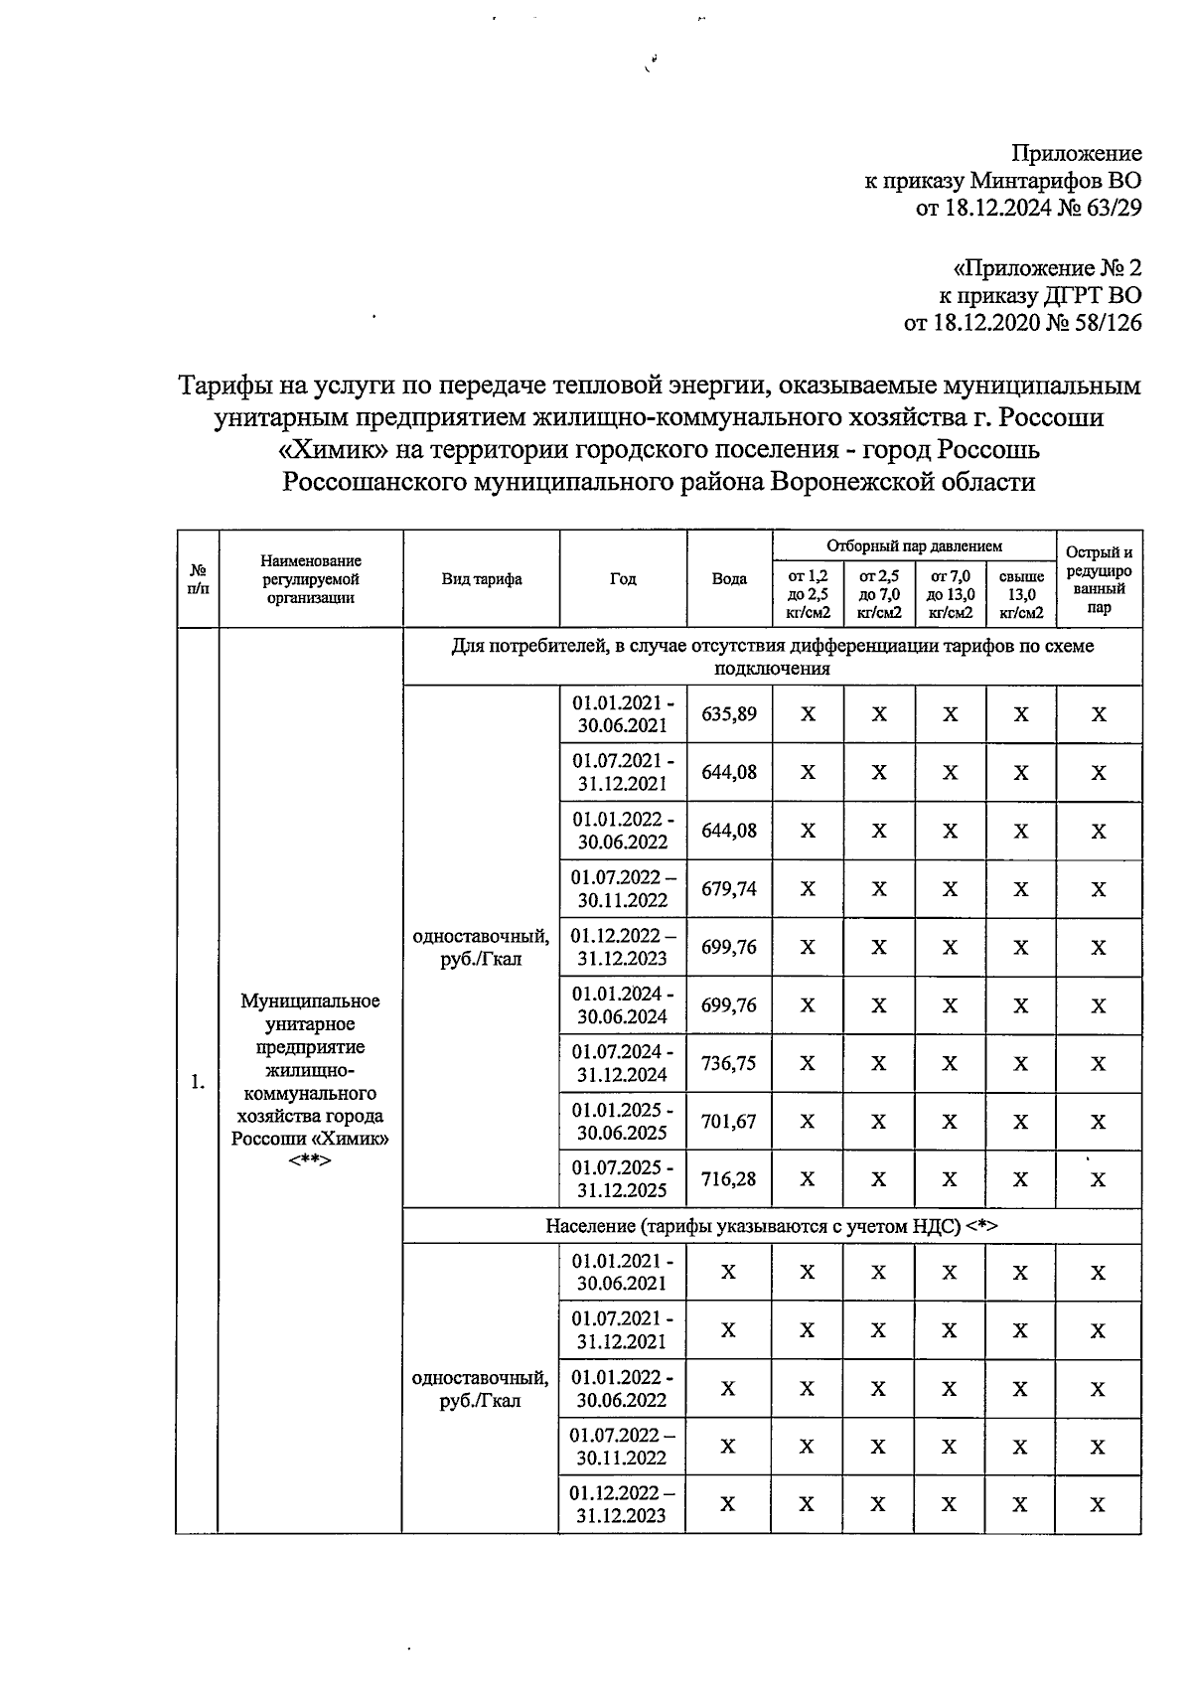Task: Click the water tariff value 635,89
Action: (x=729, y=714)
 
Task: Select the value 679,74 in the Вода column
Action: (x=729, y=888)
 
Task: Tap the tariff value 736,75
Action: (x=729, y=1063)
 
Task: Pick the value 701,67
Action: (x=729, y=1122)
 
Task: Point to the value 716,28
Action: (x=729, y=1179)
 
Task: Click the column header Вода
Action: (x=729, y=579)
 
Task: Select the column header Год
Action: (x=623, y=579)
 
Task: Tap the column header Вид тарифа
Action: (x=482, y=579)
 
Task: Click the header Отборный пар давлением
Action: (x=914, y=545)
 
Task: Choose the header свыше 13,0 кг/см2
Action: (x=1021, y=594)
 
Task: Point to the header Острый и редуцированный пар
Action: (x=1099, y=579)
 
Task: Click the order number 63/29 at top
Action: (x=1110, y=208)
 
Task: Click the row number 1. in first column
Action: (x=198, y=1082)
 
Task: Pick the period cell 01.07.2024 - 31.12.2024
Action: (x=623, y=1063)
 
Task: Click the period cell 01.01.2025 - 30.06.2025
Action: (x=623, y=1122)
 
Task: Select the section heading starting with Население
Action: (x=771, y=1226)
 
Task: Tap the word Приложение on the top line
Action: (x=1077, y=153)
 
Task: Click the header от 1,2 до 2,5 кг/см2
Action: (x=808, y=594)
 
